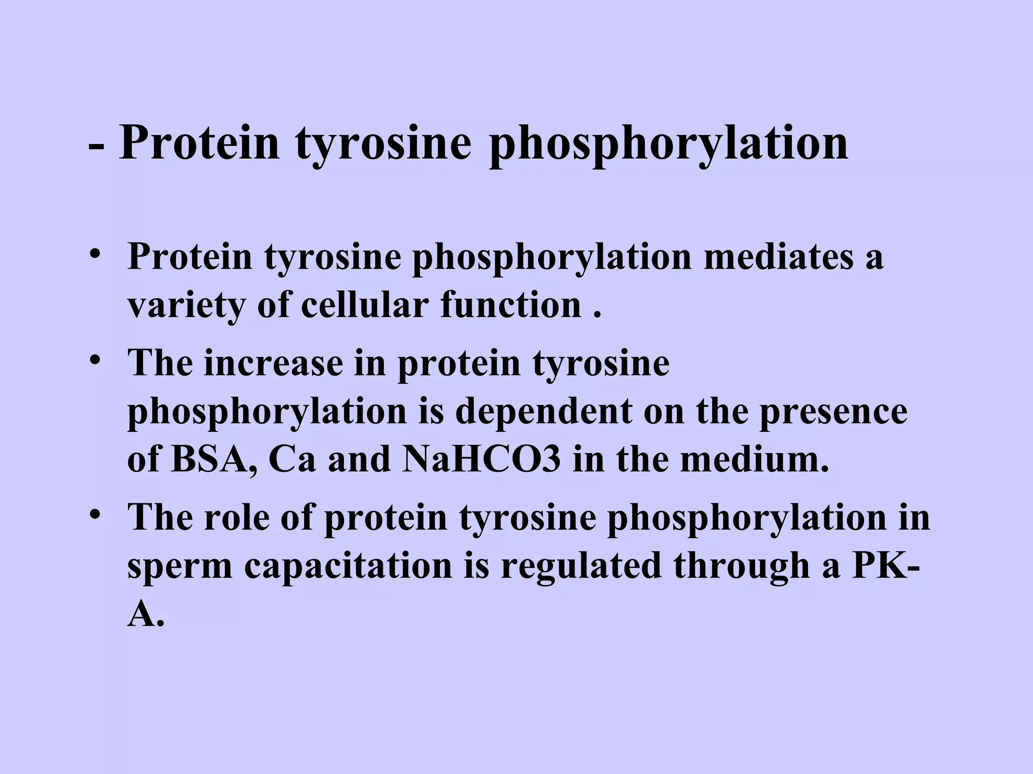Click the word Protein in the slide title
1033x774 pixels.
pyautogui.click(x=199, y=143)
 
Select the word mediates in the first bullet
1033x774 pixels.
pyautogui.click(x=777, y=256)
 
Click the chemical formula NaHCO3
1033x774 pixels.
pyautogui.click(x=482, y=460)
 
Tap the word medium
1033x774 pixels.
pyautogui.click(x=755, y=460)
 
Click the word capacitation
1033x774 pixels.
pyautogui.click(x=349, y=565)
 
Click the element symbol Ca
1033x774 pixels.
pyautogui.click(x=291, y=460)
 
